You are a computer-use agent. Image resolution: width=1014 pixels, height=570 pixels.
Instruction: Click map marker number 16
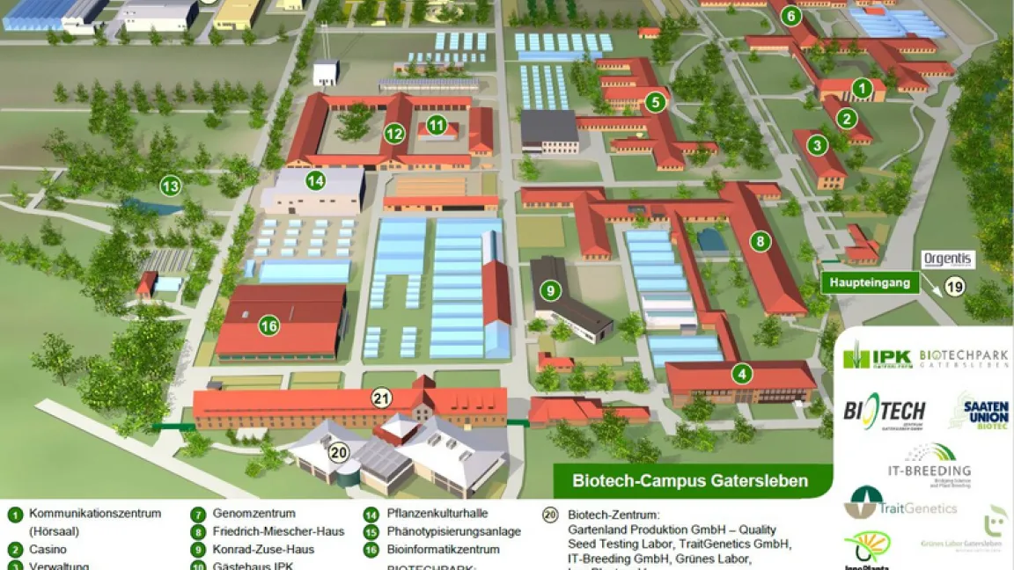(x=269, y=326)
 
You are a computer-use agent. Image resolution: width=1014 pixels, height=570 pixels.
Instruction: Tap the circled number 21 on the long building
(x=381, y=398)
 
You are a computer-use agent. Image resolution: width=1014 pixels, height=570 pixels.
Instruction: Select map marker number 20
(x=339, y=452)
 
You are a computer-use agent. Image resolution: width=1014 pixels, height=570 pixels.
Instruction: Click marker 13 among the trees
(x=170, y=186)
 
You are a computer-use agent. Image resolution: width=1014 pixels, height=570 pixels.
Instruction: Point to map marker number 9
(x=551, y=289)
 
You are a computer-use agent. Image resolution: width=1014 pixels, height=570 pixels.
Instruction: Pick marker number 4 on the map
(x=743, y=374)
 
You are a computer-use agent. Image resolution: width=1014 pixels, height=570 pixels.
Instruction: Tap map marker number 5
(x=655, y=102)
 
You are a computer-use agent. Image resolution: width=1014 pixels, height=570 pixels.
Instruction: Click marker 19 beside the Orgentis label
(x=954, y=285)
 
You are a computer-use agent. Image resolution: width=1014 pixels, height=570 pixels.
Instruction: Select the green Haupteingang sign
(x=871, y=282)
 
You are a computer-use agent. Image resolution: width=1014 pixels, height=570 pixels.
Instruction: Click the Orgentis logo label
(x=948, y=259)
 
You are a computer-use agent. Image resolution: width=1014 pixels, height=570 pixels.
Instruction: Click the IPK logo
(x=878, y=358)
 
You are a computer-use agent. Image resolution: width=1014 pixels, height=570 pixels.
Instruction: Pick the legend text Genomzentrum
(x=253, y=514)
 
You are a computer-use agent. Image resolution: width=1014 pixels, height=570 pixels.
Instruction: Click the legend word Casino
(x=48, y=550)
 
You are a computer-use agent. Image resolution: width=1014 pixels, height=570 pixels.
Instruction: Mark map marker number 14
(x=315, y=181)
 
